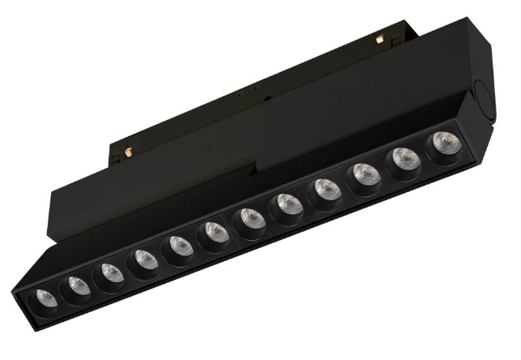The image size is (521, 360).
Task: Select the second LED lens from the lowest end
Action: (x=76, y=285)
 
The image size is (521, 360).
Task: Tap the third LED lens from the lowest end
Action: (x=110, y=273)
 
